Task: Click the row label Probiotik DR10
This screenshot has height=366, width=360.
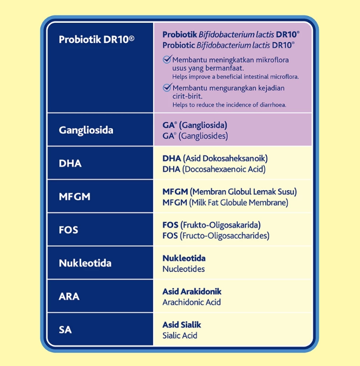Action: (96, 39)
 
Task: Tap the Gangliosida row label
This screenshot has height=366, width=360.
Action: (86, 130)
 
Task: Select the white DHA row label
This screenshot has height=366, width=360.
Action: (70, 163)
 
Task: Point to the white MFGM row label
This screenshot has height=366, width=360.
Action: (75, 196)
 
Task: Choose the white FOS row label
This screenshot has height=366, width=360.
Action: (68, 230)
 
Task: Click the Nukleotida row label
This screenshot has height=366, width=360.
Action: (85, 263)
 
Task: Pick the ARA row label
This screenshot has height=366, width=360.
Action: (69, 296)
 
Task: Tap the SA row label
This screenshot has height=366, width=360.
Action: (65, 329)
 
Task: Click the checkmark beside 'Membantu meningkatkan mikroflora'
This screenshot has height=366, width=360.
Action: (167, 59)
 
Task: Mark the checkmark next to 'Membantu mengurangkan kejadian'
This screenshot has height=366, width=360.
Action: (167, 87)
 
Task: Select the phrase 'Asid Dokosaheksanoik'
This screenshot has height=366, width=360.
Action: (225, 158)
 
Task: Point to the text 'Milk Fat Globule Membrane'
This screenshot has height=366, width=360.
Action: (239, 202)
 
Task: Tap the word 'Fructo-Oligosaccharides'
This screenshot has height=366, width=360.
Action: (225, 236)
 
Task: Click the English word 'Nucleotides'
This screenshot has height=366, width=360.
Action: (184, 269)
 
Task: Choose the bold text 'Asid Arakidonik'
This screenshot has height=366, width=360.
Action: (192, 291)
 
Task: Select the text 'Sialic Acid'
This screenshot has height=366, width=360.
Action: (180, 335)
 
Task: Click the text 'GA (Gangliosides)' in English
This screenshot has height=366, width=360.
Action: (195, 136)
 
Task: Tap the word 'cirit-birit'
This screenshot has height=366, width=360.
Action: (187, 96)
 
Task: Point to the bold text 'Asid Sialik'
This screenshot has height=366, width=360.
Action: (182, 324)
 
